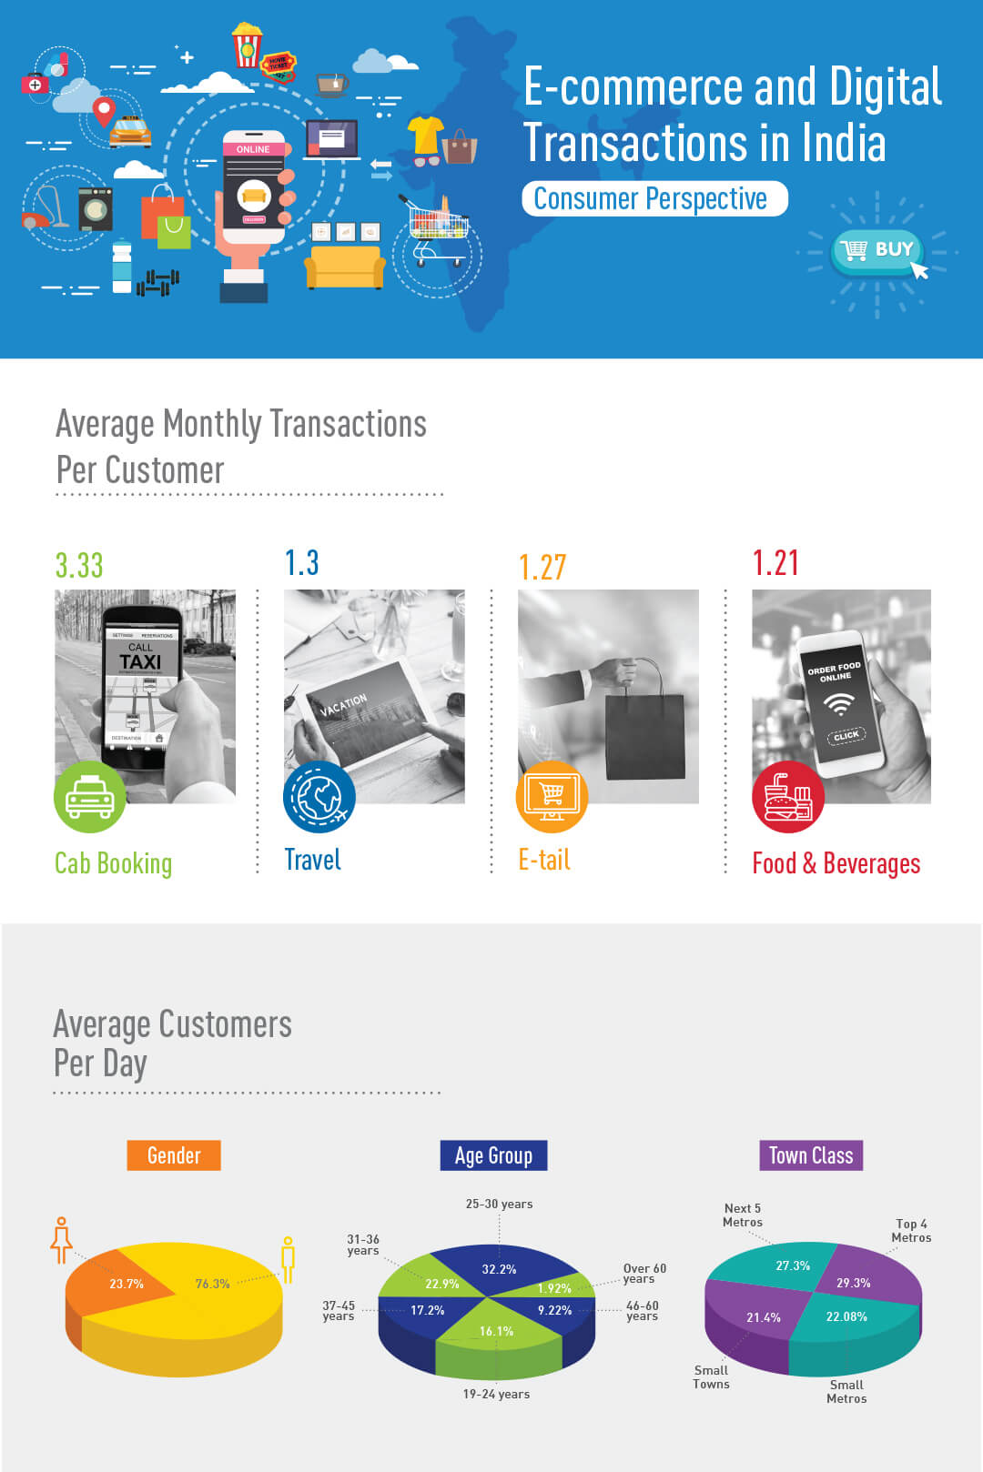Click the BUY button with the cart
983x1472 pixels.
point(877,249)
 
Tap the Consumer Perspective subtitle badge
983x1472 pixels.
point(654,198)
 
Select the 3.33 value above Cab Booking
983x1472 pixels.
point(79,565)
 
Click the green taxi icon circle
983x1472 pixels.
point(89,797)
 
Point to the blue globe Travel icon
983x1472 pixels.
point(319,797)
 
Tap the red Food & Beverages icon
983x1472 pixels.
point(787,797)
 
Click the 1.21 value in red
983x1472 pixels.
point(775,563)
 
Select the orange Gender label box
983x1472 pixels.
point(174,1155)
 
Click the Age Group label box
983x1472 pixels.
point(493,1155)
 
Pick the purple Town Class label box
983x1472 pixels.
point(810,1155)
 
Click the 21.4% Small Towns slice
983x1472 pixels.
point(755,1316)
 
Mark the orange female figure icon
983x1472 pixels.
point(61,1240)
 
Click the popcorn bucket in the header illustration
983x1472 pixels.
point(247,45)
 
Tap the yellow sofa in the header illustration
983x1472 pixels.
point(344,266)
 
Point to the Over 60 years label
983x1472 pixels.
point(644,1273)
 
